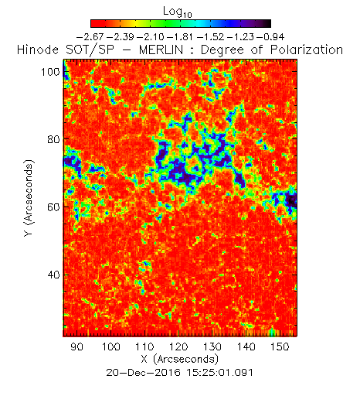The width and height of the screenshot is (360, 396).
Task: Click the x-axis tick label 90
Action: pos(77,346)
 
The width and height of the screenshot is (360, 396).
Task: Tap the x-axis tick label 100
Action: pos(111,346)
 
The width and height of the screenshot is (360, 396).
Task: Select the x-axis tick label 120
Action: pos(178,346)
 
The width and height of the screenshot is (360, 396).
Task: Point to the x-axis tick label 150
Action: pos(280,346)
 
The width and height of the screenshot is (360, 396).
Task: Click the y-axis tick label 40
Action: pos(53,275)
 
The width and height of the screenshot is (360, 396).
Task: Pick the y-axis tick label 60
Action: pos(53,207)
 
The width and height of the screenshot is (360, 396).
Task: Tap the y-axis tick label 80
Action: pos(53,139)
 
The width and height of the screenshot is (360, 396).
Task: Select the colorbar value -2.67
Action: pos(90,37)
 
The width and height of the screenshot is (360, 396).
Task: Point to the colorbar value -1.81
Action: pos(180,37)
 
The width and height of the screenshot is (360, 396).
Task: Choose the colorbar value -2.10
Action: pos(151,37)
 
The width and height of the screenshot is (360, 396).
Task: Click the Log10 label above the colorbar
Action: pos(178,12)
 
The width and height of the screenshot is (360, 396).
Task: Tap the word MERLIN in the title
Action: pos(161,49)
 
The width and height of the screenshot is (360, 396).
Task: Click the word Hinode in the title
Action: pos(38,49)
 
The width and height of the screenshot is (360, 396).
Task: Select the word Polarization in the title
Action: pos(307,49)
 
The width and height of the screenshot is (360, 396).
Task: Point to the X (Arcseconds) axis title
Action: pos(180,359)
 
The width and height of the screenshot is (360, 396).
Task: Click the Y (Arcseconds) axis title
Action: pos(29,198)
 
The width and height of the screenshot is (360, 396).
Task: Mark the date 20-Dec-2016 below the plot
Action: pos(143,373)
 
